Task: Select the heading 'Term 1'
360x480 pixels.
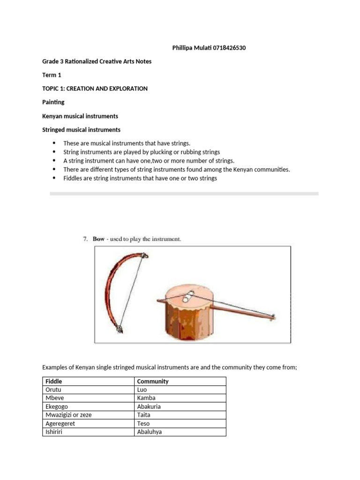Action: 52,75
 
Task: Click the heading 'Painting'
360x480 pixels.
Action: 53,102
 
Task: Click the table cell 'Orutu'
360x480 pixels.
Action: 53,390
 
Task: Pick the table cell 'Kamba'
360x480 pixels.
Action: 146,398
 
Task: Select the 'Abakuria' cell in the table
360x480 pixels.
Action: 149,406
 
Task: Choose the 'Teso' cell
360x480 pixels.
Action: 143,423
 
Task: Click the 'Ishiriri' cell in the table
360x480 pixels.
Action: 54,432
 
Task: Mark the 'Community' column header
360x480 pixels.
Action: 153,381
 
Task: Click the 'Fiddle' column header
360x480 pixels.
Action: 54,381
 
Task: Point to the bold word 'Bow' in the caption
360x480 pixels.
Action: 98,239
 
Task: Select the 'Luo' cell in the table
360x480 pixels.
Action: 142,390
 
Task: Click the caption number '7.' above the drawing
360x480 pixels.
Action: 85,239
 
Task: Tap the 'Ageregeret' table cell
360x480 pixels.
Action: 60,423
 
